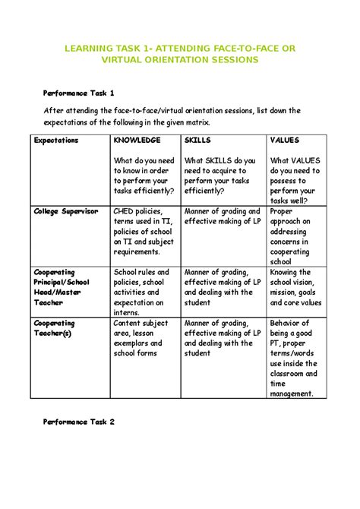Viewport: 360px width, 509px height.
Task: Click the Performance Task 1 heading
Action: pos(77,93)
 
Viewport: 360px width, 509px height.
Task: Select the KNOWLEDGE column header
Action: pos(137,141)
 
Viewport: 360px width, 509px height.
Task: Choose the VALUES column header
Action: pos(285,141)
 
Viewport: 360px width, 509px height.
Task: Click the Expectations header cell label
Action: pos(56,141)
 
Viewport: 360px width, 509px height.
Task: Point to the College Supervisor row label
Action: pos(65,211)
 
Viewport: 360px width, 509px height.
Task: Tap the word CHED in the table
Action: pos(125,211)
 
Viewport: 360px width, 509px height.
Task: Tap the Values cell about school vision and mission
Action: pos(295,286)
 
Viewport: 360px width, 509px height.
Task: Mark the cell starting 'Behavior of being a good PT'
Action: pos(294,357)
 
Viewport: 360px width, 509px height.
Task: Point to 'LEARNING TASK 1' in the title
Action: pos(107,49)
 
